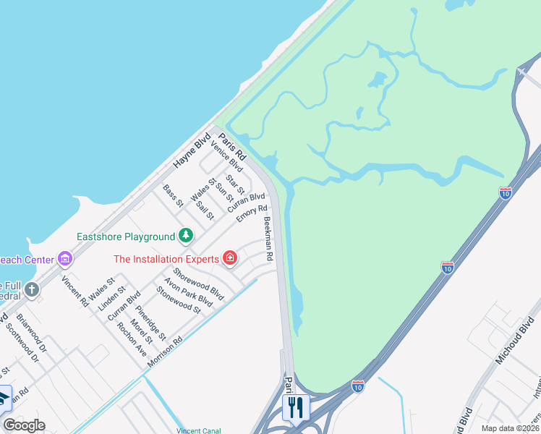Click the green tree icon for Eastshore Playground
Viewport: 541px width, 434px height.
click(186, 236)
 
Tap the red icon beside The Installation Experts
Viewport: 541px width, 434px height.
click(230, 258)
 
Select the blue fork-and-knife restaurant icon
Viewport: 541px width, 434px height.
click(294, 407)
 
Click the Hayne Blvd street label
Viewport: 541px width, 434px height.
click(192, 151)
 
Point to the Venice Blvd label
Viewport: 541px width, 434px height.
click(226, 158)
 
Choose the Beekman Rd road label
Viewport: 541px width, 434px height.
click(268, 239)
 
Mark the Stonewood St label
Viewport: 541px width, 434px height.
click(178, 299)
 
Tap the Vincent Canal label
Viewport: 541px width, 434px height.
click(199, 430)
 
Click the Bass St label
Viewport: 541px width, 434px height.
click(173, 195)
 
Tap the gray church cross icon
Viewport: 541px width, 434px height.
click(31, 290)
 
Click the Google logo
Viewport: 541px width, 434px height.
click(24, 425)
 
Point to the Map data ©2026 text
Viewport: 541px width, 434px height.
click(509, 428)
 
